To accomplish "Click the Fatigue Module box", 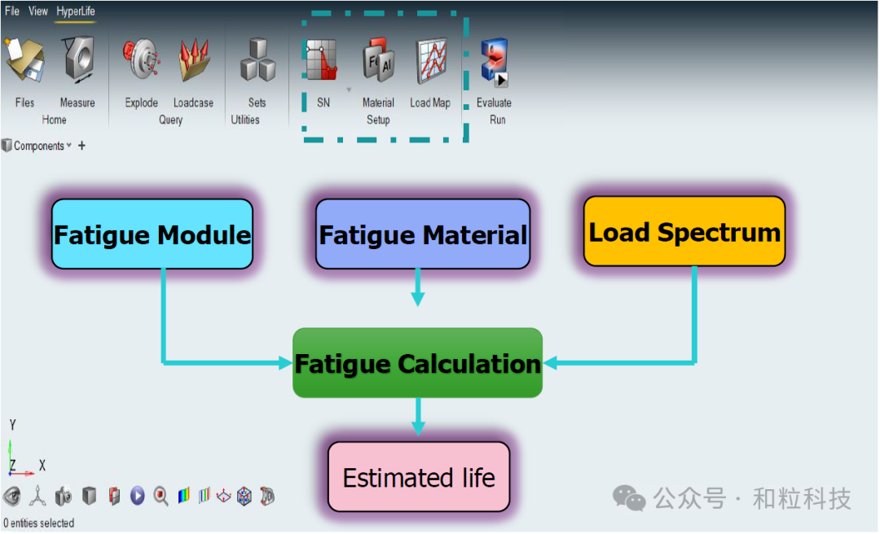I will pos(152,234).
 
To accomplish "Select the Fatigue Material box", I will pos(423,234).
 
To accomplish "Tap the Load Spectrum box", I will pos(684,232).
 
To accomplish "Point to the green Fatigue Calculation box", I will pos(417,363).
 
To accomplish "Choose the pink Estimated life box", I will pos(419,477).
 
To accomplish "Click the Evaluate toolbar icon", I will pos(494,63).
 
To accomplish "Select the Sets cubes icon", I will pos(257,61).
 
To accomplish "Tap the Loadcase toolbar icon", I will pos(194,61).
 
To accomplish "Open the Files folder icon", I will pos(24,61).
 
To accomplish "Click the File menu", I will pos(12,11).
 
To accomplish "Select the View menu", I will pos(38,11).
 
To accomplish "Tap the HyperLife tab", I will pos(76,11).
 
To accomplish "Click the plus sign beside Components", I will pos(81,147).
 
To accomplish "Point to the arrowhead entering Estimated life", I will pos(418,429).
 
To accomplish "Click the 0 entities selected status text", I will pos(39,523).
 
